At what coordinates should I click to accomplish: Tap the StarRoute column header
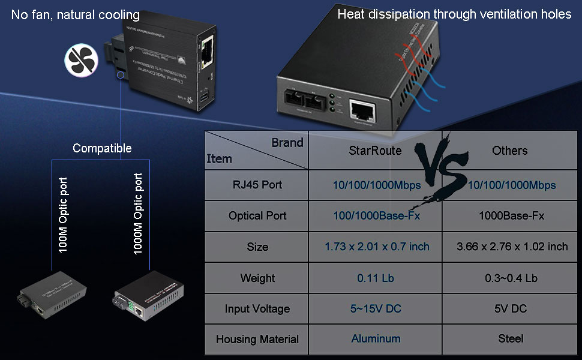[375, 151]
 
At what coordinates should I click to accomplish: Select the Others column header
[509, 151]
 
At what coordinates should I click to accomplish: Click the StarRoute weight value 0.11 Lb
[375, 278]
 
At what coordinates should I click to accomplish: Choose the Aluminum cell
[376, 339]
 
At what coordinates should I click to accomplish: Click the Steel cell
[511, 339]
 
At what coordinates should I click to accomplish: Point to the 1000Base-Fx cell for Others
[511, 216]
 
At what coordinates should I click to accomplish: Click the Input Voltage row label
[257, 309]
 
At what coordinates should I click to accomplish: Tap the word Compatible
[102, 148]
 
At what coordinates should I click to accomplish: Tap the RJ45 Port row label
[257, 185]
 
